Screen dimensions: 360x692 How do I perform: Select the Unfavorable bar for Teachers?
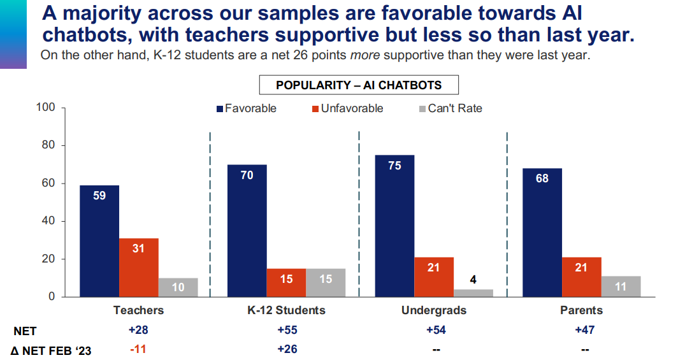pos(139,268)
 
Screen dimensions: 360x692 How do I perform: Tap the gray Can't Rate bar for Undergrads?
pos(473,293)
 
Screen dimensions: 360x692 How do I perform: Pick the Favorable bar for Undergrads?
pos(394,226)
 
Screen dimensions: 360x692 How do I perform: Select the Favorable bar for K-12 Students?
pos(247,231)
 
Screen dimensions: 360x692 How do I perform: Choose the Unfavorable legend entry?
pos(347,108)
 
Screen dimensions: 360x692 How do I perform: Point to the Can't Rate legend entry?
pos(450,108)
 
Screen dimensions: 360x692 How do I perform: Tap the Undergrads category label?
pos(434,310)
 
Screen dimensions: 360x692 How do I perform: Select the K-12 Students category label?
pos(286,310)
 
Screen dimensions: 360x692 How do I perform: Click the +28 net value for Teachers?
pos(138,330)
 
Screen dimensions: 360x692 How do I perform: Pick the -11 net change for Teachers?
pos(138,349)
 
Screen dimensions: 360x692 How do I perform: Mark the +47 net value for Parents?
pos(581,330)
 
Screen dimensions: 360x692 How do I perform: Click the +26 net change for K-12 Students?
pos(286,349)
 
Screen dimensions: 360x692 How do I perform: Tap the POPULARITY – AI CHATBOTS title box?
pos(359,85)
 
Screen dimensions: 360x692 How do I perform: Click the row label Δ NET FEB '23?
pos(51,350)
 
